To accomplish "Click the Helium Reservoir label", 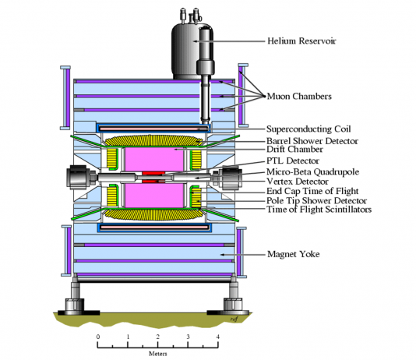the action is click(301, 41).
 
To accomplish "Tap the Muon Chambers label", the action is click(299, 96).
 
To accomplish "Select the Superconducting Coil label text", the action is click(308, 129).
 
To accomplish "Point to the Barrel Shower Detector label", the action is click(312, 141).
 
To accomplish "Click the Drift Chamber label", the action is click(294, 150).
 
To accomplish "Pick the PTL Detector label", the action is click(293, 161).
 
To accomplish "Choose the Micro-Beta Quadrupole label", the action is click(313, 172).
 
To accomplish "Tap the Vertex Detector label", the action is click(298, 182).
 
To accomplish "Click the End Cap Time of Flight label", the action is click(312, 191).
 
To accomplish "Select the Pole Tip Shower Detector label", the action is click(317, 200).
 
